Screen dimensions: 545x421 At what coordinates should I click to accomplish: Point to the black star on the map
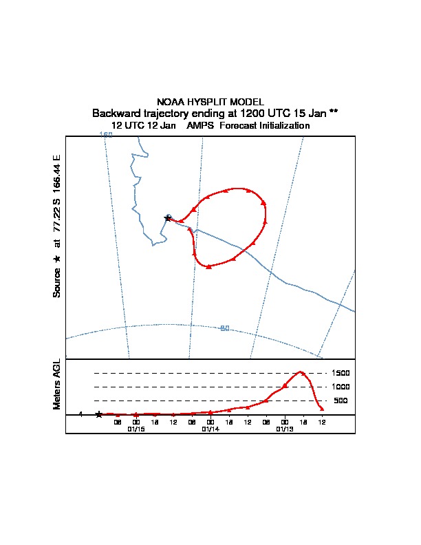pos(167,217)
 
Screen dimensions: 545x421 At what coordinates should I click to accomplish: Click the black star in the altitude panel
pos(99,414)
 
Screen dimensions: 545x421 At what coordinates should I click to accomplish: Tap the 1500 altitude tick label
pos(341,373)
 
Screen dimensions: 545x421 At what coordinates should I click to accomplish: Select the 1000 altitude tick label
pos(341,387)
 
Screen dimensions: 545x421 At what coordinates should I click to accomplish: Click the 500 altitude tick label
pos(341,400)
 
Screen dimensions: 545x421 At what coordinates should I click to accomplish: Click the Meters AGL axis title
pos(57,384)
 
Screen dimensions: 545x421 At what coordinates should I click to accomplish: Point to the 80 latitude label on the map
pos(224,328)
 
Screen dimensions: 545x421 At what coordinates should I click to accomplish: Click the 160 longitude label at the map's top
pos(106,135)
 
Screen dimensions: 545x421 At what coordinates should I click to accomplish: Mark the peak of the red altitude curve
pos(301,372)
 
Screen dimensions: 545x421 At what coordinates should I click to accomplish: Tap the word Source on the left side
pos(57,283)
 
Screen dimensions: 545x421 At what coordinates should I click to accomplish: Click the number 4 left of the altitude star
pos(80,415)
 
